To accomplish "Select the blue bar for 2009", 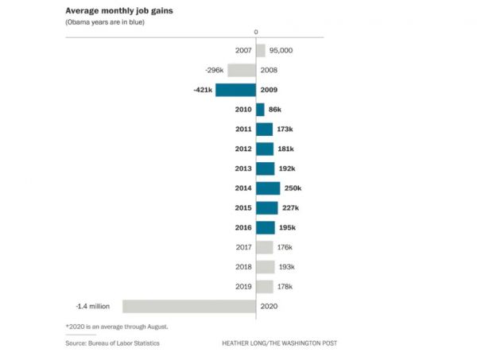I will point(235,90).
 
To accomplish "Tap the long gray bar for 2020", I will point(188,306).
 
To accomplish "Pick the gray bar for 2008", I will point(242,70).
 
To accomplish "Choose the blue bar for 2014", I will point(268,188).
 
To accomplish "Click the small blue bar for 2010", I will point(260,110).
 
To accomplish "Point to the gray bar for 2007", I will point(261,50).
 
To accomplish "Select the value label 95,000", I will point(281,50).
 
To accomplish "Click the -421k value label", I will point(203,90).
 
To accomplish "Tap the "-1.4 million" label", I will point(92,306).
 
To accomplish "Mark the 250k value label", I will point(293,188).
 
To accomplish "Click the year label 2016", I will point(243,227).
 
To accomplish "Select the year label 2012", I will point(243,149).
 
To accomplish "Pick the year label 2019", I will point(243,286).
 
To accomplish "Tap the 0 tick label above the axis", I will point(256,32).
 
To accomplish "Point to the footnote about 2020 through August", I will point(117,327).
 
